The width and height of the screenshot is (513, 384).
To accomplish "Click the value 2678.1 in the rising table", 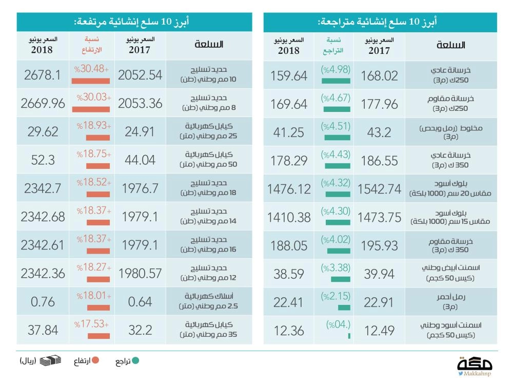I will (x=43, y=75).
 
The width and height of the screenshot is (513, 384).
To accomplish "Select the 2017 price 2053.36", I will (x=140, y=103).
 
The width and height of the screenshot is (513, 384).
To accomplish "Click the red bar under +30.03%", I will (x=91, y=109).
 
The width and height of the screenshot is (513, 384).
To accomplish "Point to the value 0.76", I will (x=43, y=302).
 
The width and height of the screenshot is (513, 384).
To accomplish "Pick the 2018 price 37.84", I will (x=43, y=330).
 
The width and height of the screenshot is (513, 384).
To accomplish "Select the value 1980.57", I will (x=140, y=274).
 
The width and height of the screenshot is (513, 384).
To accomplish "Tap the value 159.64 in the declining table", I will (x=289, y=75).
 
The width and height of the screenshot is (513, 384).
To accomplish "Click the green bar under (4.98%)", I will (x=336, y=81).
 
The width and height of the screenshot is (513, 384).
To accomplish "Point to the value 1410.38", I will (x=289, y=217).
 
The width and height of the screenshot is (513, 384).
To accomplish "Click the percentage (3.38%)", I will (x=336, y=267).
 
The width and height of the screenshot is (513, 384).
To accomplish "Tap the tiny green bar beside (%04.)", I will (x=349, y=336).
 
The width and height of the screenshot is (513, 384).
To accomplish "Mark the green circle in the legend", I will (x=135, y=361).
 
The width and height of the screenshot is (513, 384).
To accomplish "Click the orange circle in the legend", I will (x=95, y=361).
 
